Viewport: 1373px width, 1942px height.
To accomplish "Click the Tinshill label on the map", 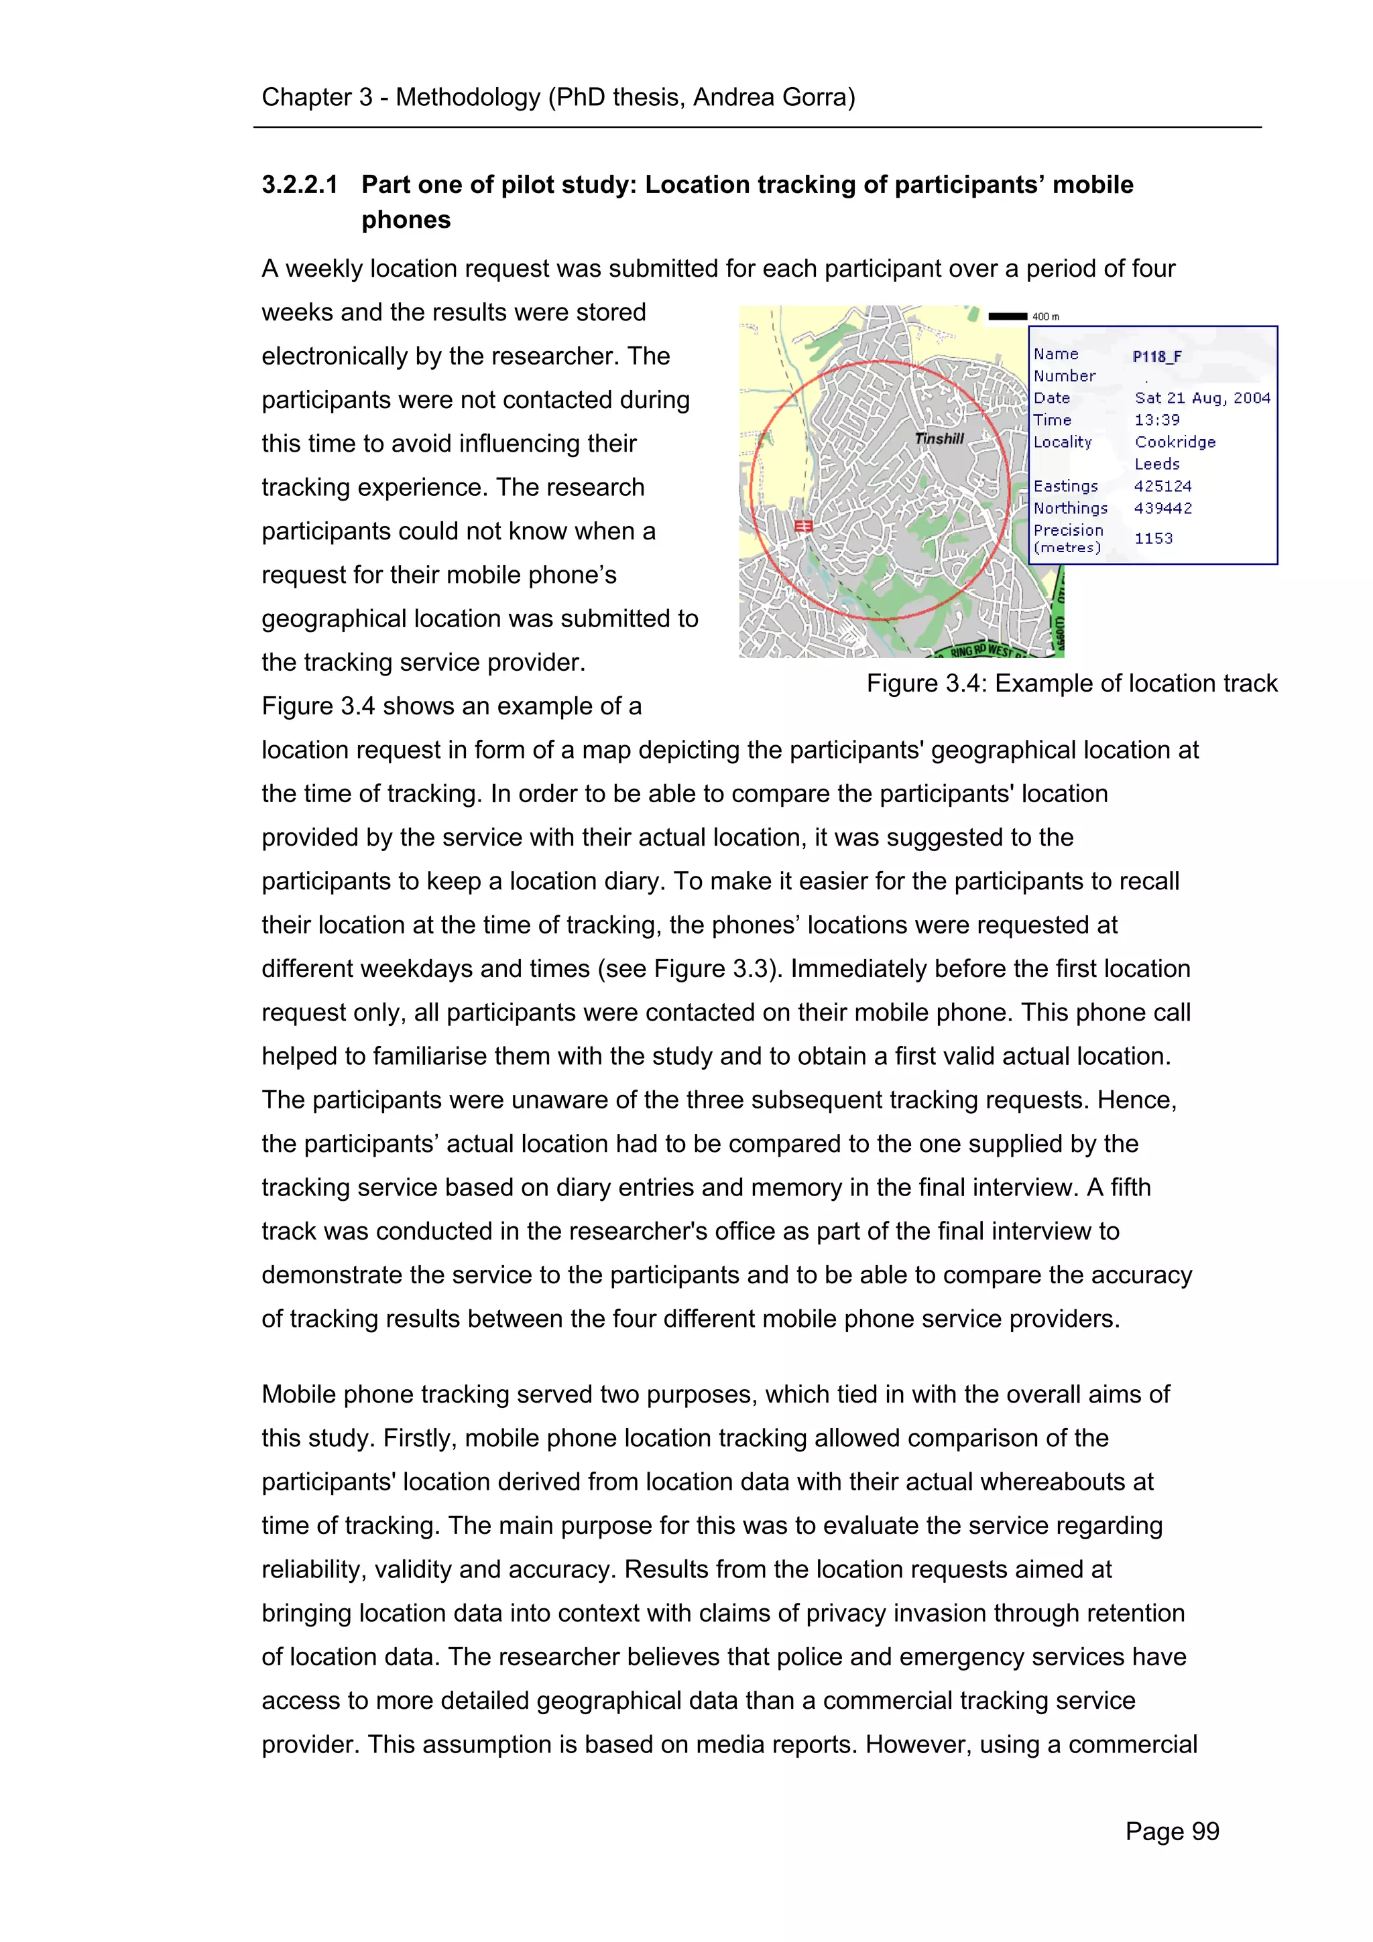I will pos(939,438).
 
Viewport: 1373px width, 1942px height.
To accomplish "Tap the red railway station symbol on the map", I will pos(803,527).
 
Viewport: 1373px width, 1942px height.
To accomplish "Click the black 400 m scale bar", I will pos(1007,316).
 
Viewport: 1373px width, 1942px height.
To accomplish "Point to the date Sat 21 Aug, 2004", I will pos(1202,397).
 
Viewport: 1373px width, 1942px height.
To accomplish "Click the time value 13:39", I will pos(1156,419).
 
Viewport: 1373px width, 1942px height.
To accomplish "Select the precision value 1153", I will pos(1153,538).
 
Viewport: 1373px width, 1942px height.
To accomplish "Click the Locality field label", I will pos(1062,442).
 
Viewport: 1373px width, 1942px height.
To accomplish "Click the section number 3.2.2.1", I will pos(300,184).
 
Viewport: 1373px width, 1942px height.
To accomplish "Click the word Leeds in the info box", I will pos(1156,464).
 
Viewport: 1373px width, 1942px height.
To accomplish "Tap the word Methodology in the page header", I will pos(468,97).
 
